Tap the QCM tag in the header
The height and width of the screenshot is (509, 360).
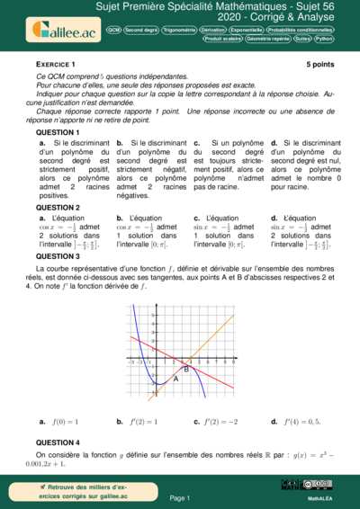[x=113, y=30]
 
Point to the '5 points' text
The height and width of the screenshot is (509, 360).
[x=319, y=66]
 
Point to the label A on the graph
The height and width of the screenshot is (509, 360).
[x=175, y=379]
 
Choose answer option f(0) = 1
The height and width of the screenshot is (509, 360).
[x=62, y=421]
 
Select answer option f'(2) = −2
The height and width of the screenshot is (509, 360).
[x=219, y=421]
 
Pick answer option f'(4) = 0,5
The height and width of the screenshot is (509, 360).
[x=298, y=421]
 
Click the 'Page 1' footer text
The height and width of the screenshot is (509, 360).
[x=179, y=497]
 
